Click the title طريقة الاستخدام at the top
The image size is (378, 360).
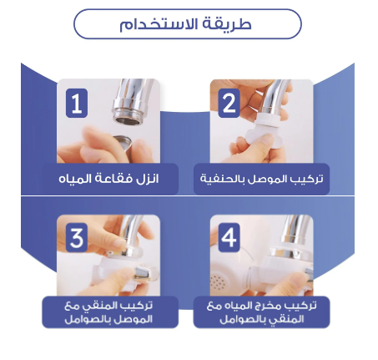coord(185,24)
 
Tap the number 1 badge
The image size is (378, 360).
coord(77,104)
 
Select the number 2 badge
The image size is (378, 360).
coord(229,104)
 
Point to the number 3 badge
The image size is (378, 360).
coord(77,237)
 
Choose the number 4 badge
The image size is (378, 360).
coord(229,237)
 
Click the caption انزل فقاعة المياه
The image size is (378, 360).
coord(108,179)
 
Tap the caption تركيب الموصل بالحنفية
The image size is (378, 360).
coord(262,179)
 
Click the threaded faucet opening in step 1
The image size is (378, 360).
coord(129,119)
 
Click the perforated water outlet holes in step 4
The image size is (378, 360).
coord(218,282)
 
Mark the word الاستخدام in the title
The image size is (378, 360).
coord(162,24)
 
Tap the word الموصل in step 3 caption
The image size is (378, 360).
coord(135,319)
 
